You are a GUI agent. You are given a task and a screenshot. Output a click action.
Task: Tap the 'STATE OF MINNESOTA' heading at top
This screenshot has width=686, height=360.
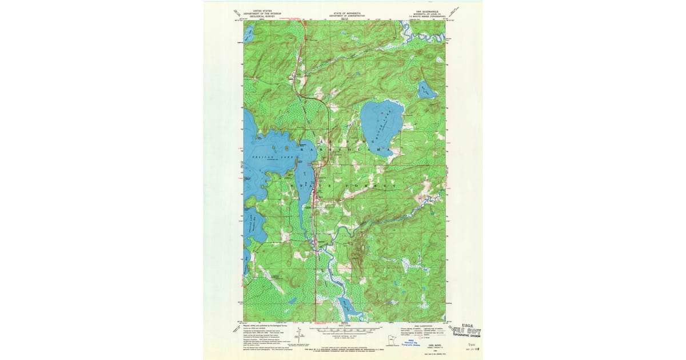[343, 11]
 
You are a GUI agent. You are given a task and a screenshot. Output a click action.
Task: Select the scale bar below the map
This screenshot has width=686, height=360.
[343, 330]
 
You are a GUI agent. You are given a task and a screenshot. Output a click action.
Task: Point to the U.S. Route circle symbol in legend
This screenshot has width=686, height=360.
[424, 337]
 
